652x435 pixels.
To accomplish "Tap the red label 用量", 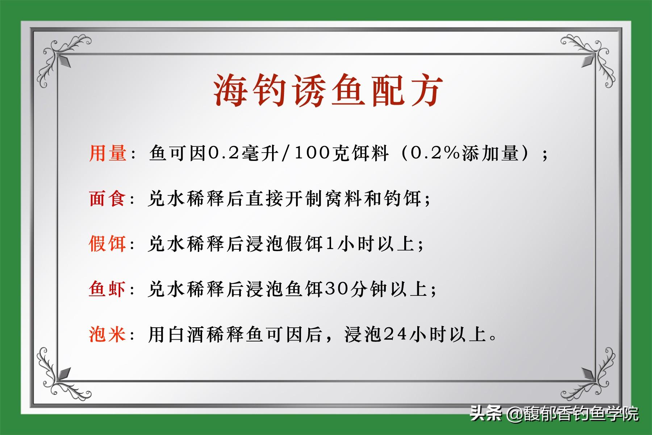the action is tap(108, 153).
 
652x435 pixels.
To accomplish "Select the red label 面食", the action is tap(108, 199).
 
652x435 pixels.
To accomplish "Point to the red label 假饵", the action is tap(108, 243).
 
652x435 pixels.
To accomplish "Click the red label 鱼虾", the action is tap(108, 289).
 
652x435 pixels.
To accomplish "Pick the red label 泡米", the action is tap(108, 334).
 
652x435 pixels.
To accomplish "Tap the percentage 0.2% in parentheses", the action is tap(436, 153).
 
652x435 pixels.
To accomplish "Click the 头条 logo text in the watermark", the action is tap(486, 413).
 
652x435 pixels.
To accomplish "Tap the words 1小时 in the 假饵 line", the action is tap(350, 244).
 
